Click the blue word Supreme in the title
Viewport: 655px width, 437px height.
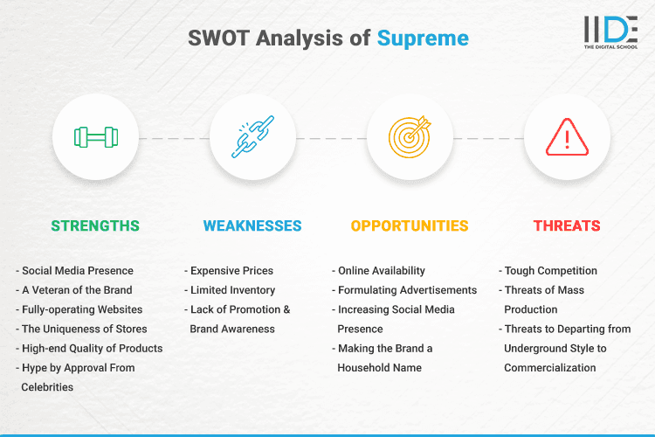click(423, 38)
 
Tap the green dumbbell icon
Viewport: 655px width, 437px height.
click(96, 137)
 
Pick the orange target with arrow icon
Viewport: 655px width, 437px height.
click(410, 137)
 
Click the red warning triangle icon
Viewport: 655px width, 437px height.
click(567, 137)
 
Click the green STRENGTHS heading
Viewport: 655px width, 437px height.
click(95, 225)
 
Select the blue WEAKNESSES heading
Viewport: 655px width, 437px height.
click(252, 225)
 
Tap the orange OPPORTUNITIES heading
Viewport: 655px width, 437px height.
click(410, 225)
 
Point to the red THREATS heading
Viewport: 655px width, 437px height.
click(567, 225)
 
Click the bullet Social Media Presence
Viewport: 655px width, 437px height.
click(77, 271)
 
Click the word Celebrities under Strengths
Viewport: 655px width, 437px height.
click(48, 387)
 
